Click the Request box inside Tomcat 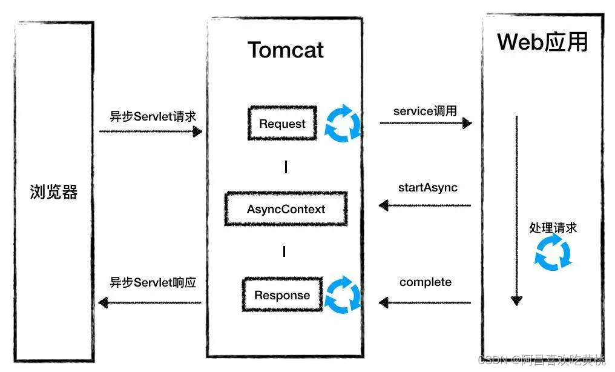point(282,124)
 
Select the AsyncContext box point(286,209)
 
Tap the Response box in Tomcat point(282,296)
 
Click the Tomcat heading point(286,50)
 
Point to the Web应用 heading point(542,42)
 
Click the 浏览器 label point(54,192)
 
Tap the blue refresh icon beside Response point(343,294)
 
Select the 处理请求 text point(553,228)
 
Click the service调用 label point(425,111)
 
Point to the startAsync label point(427,187)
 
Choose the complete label point(426,282)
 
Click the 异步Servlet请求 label point(153,116)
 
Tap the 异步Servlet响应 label point(153,282)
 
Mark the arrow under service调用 point(426,123)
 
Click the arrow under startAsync point(425,205)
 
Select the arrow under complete point(425,302)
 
